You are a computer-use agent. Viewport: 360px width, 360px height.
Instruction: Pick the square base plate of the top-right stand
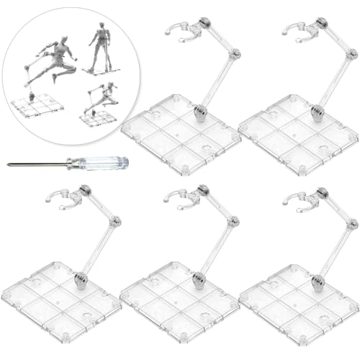(x=295, y=133)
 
